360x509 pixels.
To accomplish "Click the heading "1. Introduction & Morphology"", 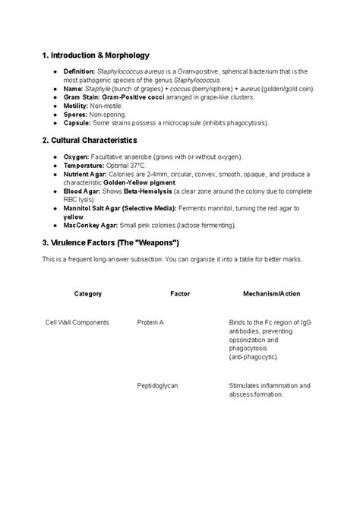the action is pos(96,55).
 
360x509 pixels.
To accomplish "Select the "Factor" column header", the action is pos(180,293).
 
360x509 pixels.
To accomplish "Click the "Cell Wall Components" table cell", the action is pos(77,322).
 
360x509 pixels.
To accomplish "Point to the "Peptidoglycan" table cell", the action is pos(157,386).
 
